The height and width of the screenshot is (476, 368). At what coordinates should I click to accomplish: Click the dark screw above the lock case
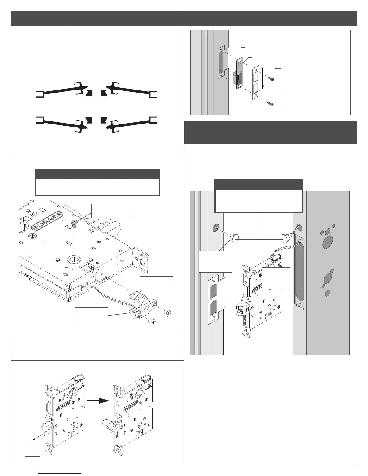pos(74,222)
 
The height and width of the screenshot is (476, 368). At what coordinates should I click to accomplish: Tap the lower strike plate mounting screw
pos(270,104)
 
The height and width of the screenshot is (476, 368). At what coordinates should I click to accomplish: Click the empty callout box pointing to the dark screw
pos(113,211)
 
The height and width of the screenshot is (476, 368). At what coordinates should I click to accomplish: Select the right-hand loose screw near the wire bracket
pos(167,314)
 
